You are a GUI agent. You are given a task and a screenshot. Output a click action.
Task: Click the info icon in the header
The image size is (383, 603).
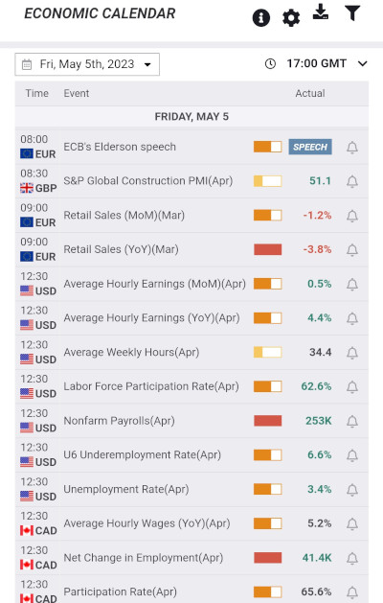(260, 18)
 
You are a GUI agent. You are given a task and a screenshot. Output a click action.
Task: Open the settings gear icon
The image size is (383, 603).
(291, 18)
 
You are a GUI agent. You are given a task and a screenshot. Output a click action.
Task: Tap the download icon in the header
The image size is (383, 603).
(321, 12)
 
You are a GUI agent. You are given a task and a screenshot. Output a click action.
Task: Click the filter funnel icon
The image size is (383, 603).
(352, 13)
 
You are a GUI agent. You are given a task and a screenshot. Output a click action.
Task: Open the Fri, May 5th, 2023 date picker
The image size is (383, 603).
(87, 64)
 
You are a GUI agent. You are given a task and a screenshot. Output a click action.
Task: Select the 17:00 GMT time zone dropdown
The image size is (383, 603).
(315, 64)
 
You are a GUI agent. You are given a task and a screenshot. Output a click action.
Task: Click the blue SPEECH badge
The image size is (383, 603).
(310, 147)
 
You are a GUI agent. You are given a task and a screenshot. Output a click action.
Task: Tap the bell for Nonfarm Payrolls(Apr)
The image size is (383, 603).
(352, 421)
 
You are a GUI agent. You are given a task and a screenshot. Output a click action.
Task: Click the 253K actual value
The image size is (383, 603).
(319, 421)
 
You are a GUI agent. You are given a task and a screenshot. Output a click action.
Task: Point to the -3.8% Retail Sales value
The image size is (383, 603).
(317, 249)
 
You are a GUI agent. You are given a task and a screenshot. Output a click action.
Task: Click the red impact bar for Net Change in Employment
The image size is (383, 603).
(267, 558)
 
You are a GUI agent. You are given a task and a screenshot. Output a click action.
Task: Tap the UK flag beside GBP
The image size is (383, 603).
(27, 188)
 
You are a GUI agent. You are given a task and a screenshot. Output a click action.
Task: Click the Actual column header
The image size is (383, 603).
(309, 94)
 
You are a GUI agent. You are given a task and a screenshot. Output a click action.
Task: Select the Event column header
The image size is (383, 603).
(77, 94)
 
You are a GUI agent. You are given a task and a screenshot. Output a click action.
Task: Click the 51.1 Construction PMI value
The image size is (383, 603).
(320, 181)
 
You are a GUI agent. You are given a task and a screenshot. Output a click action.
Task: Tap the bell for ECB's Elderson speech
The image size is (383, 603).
(352, 148)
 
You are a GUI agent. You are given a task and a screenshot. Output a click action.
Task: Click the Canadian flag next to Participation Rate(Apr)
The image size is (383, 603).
(27, 599)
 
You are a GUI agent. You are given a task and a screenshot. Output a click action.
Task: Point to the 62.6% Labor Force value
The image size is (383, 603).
(316, 386)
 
